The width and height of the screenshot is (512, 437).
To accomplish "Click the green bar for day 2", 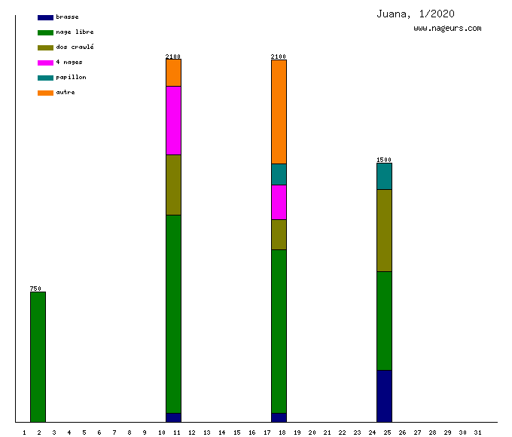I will tap(38, 356).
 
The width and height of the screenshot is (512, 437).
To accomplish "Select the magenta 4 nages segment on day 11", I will tap(173, 121).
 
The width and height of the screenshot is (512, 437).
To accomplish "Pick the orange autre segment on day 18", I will tap(279, 112).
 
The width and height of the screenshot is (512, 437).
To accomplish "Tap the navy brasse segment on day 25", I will tap(384, 396).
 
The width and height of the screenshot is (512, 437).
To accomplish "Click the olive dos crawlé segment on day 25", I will tap(384, 230).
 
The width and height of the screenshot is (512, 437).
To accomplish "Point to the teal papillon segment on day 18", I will tap(279, 174).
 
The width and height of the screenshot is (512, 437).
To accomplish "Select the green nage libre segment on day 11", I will tap(173, 313).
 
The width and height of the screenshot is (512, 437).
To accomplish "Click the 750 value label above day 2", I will tap(35, 289).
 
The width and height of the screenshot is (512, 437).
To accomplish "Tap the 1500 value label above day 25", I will tap(384, 160).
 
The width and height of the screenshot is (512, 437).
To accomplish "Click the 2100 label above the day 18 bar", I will tap(279, 57).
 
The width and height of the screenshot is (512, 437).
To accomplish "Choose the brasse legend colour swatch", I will tap(45, 17).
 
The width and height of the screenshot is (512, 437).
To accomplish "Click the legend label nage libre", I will tap(75, 32).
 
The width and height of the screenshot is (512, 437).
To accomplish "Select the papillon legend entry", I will tap(71, 78).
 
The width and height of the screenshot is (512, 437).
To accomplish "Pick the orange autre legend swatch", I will tap(45, 93).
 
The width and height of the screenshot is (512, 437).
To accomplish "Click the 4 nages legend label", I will tap(69, 63).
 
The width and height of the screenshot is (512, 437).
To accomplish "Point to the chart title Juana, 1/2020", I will tap(415, 14).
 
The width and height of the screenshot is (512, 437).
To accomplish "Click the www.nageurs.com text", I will tap(447, 29).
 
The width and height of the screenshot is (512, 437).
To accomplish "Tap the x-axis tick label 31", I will tap(477, 432).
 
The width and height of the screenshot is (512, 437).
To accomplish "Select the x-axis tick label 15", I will tap(236, 432).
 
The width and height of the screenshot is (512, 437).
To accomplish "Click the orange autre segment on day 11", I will tap(173, 72).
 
